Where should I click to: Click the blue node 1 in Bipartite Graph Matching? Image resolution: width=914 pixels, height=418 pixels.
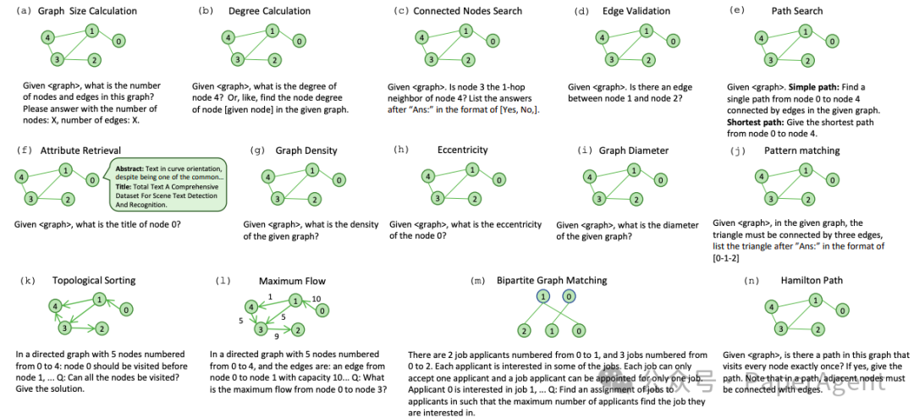(x=542, y=296)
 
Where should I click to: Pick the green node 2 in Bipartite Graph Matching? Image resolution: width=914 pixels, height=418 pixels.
(x=526, y=329)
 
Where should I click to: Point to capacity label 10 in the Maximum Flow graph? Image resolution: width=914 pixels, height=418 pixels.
(x=317, y=298)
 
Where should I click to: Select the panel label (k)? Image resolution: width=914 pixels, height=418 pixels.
(x=25, y=280)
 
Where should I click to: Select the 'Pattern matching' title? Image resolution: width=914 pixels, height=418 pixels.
(x=801, y=151)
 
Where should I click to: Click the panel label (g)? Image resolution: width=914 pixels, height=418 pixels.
(x=258, y=151)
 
